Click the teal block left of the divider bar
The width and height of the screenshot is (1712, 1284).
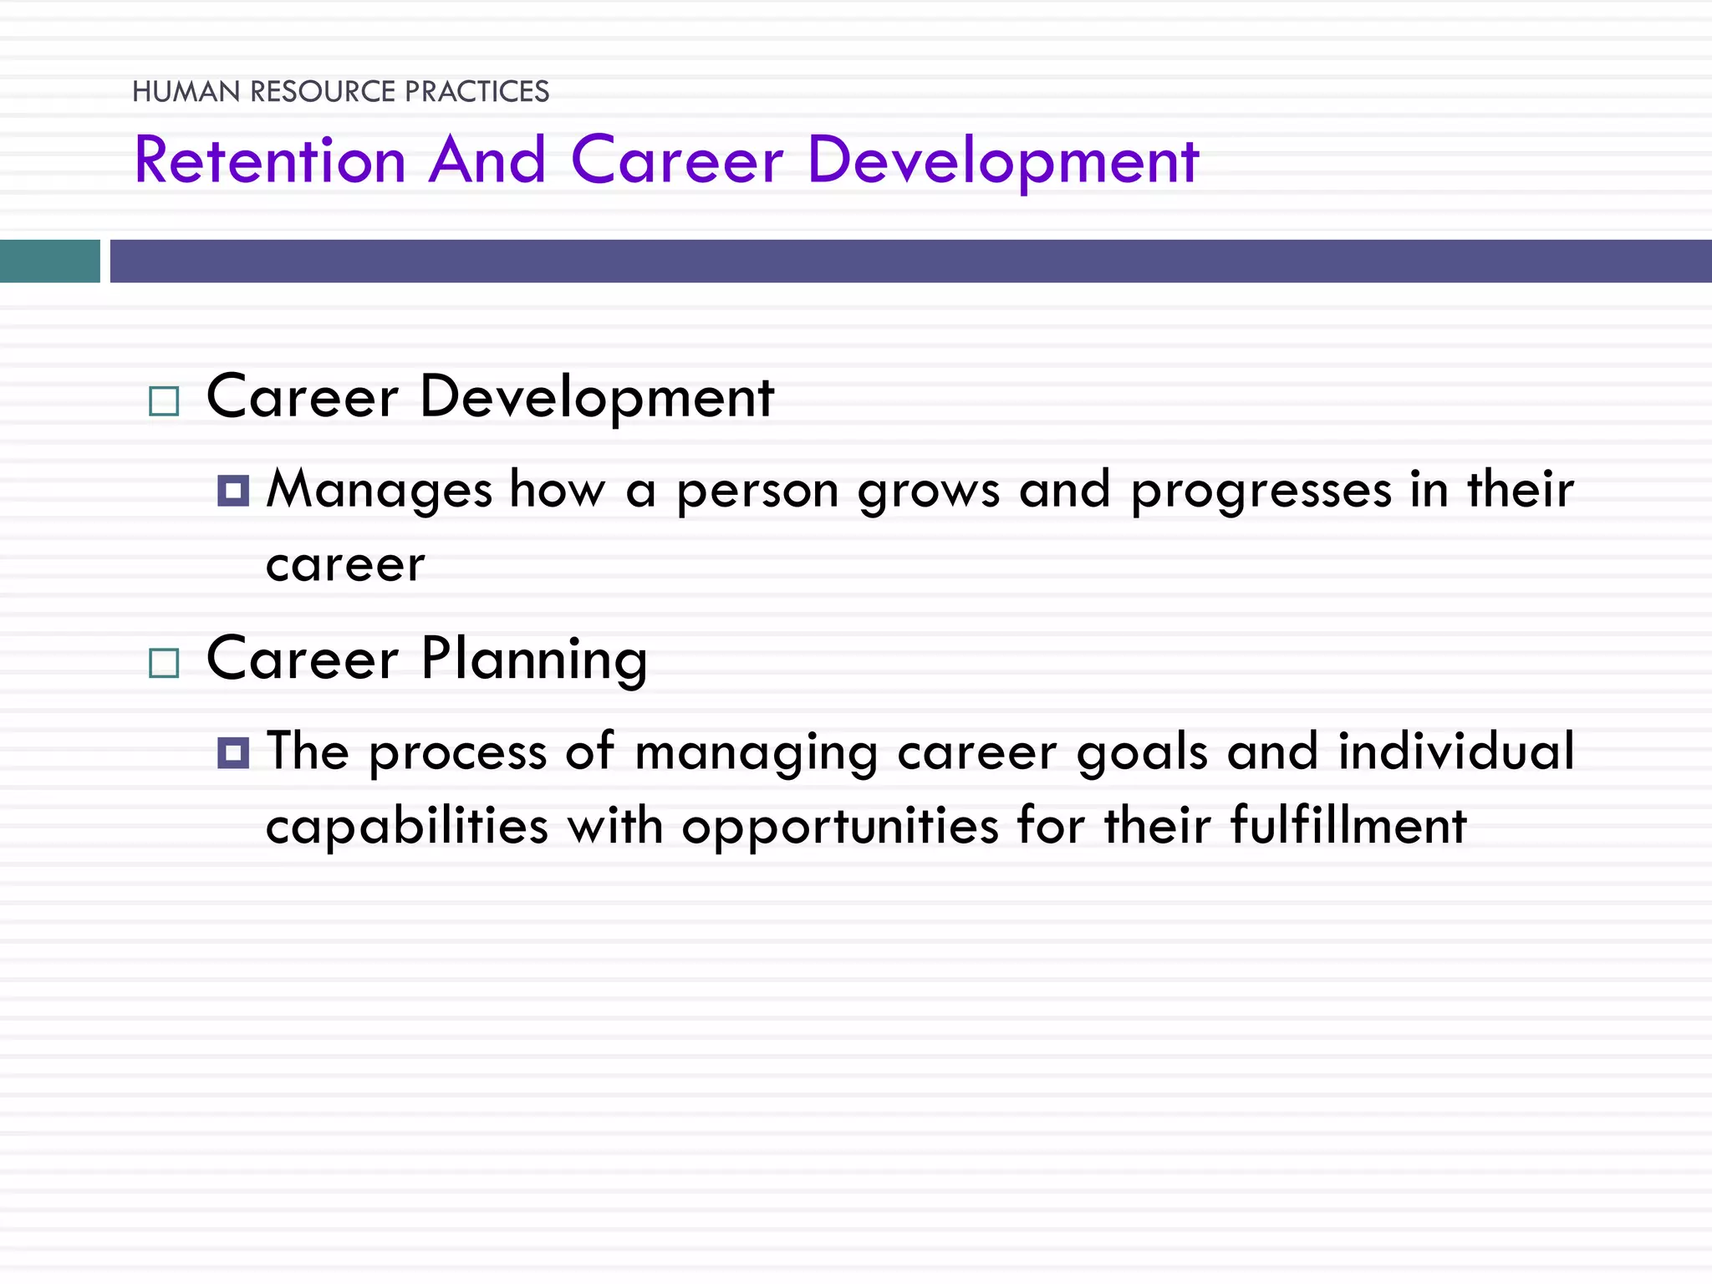click(49, 261)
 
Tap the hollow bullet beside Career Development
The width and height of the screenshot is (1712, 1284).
click(164, 401)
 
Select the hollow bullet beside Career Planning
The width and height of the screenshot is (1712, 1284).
click(164, 663)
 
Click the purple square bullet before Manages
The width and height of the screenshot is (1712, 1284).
click(233, 491)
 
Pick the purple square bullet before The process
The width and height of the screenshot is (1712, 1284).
click(233, 752)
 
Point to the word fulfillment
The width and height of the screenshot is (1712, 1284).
click(1348, 825)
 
